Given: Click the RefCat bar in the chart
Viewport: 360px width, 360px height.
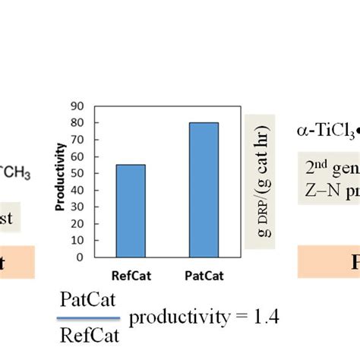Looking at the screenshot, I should click(131, 210).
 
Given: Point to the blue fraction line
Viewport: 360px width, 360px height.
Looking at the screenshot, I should click(89, 318).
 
